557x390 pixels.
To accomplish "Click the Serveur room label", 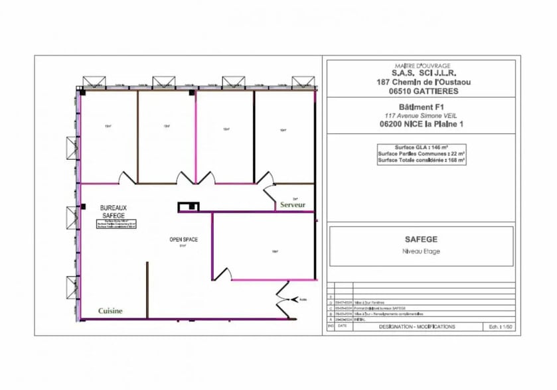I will coord(293,206).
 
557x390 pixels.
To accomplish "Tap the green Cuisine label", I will coord(110,310).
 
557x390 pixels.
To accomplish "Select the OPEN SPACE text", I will coord(183,239).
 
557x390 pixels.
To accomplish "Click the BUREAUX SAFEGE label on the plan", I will coord(114,211).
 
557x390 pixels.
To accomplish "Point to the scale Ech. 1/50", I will coord(497,327).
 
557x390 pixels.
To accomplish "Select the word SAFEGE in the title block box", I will coord(421,239).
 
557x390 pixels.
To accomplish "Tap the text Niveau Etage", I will coord(421,251).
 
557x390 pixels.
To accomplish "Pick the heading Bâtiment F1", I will coord(421,106).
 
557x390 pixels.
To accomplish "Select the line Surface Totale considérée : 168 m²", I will coord(421,160).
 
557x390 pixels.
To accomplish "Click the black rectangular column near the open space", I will coord(188,207).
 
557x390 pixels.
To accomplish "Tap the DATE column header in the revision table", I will coord(343,326).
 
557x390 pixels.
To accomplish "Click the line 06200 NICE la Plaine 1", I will coord(421,123).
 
